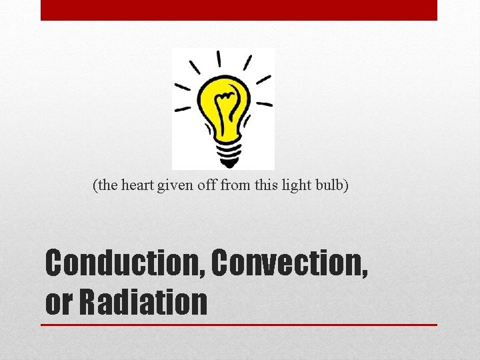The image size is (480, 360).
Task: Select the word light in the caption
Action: [x=297, y=186]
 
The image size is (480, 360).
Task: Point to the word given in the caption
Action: [x=174, y=186]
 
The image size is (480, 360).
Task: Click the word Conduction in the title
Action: [x=125, y=265]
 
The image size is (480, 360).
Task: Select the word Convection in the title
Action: [x=289, y=265]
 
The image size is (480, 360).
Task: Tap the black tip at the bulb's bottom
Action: [x=229, y=165]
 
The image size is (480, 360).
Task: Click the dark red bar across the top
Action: [x=239, y=10]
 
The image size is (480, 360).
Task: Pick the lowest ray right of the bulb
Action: [x=265, y=104]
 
